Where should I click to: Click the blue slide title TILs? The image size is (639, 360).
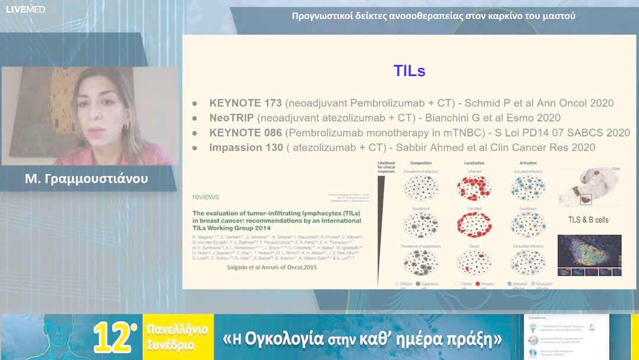coord(409,71)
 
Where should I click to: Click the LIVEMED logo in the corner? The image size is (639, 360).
coord(25,9)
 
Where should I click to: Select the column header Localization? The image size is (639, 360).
coord(474,163)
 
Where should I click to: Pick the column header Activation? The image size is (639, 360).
coord(528,163)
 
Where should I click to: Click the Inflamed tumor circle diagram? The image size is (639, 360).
coord(475,188)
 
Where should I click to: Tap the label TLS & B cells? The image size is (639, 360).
coord(588,220)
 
